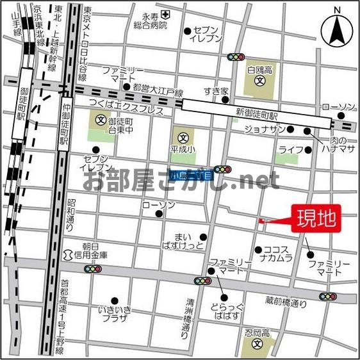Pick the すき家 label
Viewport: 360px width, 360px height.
[216, 90]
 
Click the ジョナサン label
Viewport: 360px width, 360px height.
[264, 129]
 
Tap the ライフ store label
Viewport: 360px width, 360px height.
[290, 151]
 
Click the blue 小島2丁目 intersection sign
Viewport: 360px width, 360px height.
[190, 174]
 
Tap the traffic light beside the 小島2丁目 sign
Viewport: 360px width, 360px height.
[222, 169]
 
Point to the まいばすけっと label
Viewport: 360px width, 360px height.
[184, 241]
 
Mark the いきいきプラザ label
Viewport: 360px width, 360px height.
[115, 314]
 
